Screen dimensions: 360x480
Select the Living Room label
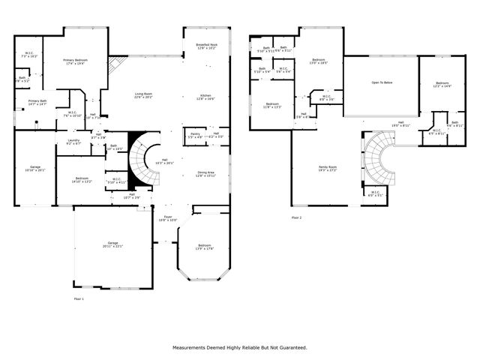(143, 95)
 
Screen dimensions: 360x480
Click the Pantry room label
(194, 135)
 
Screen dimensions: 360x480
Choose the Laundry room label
(73, 142)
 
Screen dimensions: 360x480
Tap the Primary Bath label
(37, 103)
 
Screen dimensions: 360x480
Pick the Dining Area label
(205, 174)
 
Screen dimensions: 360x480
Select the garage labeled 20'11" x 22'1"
(112, 244)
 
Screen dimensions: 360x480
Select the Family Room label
(328, 169)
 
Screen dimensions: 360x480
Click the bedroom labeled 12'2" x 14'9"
(442, 85)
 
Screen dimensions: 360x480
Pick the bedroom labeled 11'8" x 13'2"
(271, 105)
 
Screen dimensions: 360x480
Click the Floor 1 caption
(79, 298)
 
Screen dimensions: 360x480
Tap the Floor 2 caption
(296, 217)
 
